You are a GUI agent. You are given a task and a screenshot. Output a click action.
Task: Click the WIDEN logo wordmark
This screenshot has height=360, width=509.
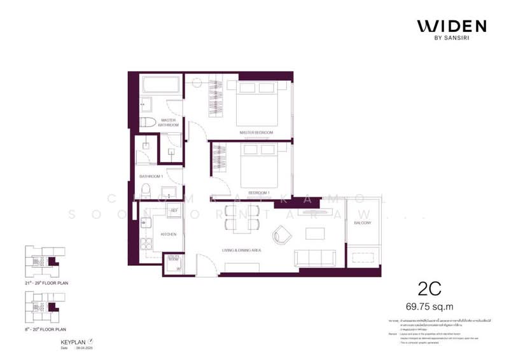pos(452,26)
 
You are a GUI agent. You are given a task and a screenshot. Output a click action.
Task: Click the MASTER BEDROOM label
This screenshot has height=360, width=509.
pos(256,132)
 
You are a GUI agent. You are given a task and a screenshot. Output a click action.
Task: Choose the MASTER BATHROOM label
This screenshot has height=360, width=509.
pos(169,122)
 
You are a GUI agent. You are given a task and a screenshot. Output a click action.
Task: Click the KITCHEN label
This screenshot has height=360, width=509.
pos(169,234)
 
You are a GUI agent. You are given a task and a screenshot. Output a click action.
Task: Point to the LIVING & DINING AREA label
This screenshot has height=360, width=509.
pos(243,251)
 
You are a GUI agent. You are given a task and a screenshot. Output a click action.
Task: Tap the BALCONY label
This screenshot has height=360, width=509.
pos(363,223)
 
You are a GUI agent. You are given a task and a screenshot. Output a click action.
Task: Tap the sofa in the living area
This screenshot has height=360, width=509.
pos(316,258)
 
